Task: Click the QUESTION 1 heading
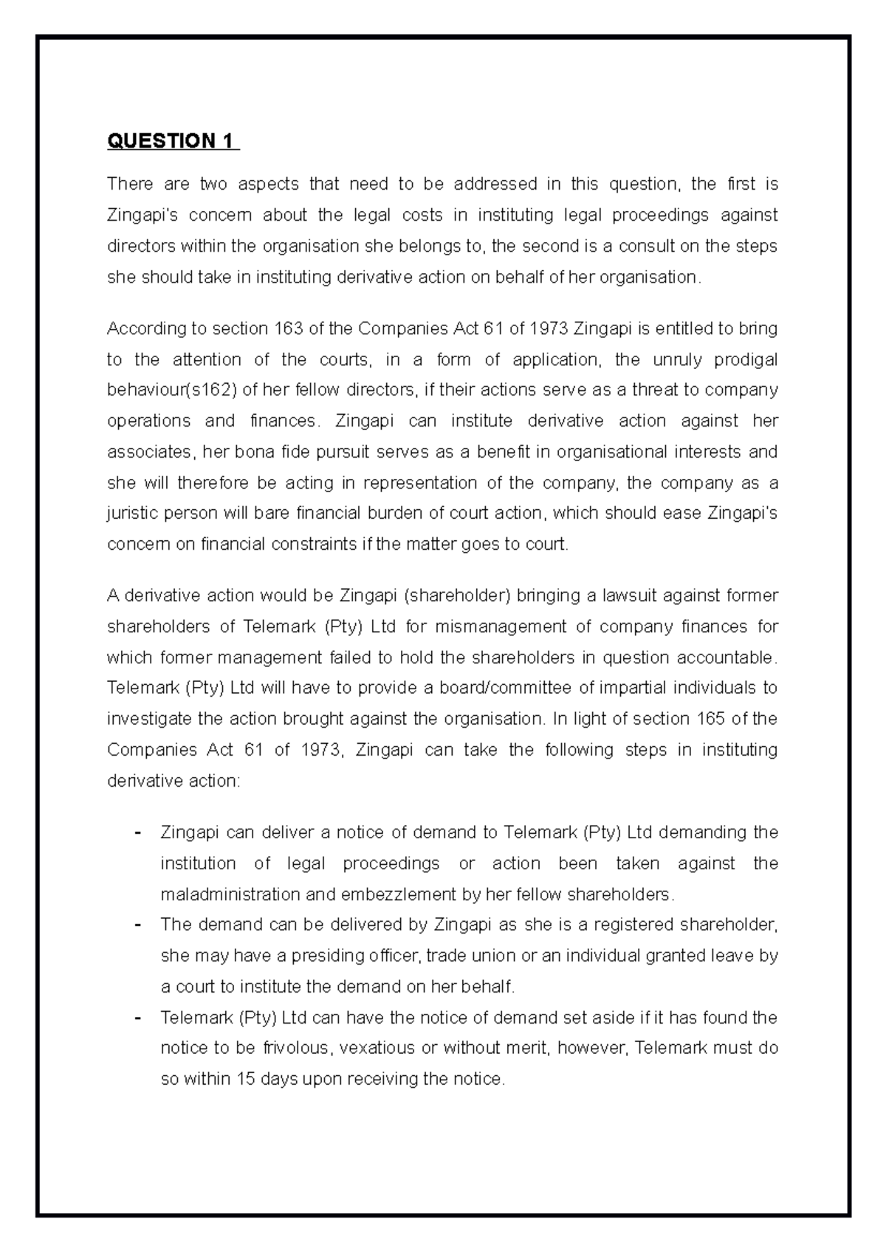(173, 140)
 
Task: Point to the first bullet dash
(137, 833)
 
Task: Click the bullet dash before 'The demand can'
(137, 925)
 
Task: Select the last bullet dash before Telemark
(137, 1018)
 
